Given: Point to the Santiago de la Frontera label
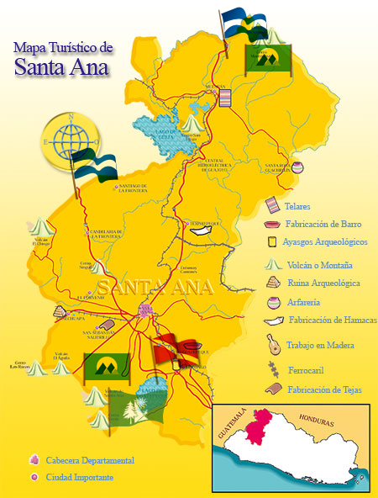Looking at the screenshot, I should (134, 188).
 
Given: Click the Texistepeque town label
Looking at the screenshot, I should (202, 223).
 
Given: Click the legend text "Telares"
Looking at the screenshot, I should (298, 205).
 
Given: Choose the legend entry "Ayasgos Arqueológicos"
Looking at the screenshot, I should (325, 242).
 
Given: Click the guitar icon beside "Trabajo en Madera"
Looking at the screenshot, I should (271, 343).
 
